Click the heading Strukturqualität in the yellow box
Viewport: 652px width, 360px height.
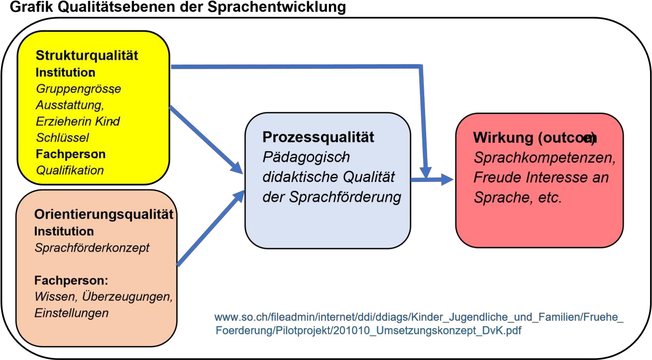coord(87,56)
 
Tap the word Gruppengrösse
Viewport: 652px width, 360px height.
coord(78,89)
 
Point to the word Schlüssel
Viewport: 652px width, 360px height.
coord(63,137)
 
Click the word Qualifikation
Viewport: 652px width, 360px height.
coord(70,170)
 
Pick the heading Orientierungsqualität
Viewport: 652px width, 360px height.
coord(104,215)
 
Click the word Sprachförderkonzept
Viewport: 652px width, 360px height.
coord(92,248)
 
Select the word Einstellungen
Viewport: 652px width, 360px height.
coord(71,313)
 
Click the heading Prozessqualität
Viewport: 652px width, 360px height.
coord(318,137)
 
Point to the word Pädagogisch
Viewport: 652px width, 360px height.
coord(306,157)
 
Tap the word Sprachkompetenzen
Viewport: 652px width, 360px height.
coord(545,158)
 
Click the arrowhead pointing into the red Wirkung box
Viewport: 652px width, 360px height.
coord(447,180)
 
